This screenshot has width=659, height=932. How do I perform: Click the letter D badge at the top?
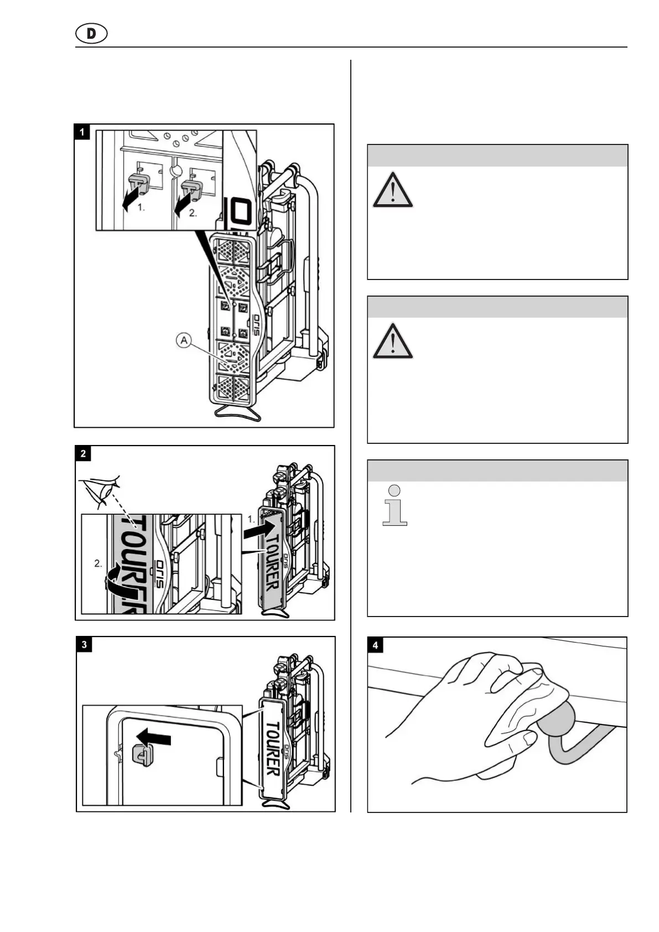[91, 34]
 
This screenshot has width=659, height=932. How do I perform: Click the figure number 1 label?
[82, 132]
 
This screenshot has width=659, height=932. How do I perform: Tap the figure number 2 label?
[83, 454]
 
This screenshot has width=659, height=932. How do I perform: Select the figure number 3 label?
[84, 644]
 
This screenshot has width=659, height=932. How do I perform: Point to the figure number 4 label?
[376, 645]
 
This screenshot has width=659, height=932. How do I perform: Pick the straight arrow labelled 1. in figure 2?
[261, 529]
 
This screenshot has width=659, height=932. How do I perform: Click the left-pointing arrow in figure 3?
[154, 739]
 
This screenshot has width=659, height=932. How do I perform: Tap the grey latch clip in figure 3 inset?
[142, 755]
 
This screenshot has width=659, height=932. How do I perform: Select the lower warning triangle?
[392, 341]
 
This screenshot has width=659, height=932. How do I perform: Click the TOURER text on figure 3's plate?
[273, 748]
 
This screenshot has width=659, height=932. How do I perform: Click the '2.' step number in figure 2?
[98, 564]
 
